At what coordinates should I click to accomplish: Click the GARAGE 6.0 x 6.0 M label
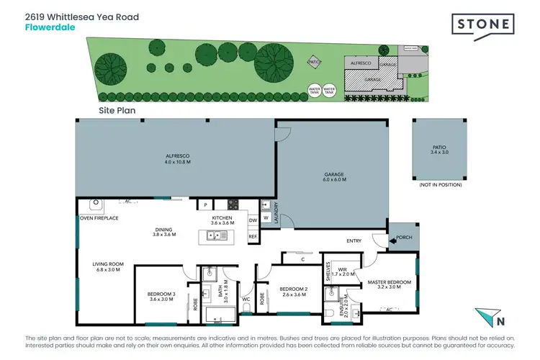point(333,176)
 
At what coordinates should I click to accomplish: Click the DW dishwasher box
point(253,221)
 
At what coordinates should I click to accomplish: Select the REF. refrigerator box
point(253,236)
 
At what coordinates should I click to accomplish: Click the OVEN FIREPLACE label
point(99,217)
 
